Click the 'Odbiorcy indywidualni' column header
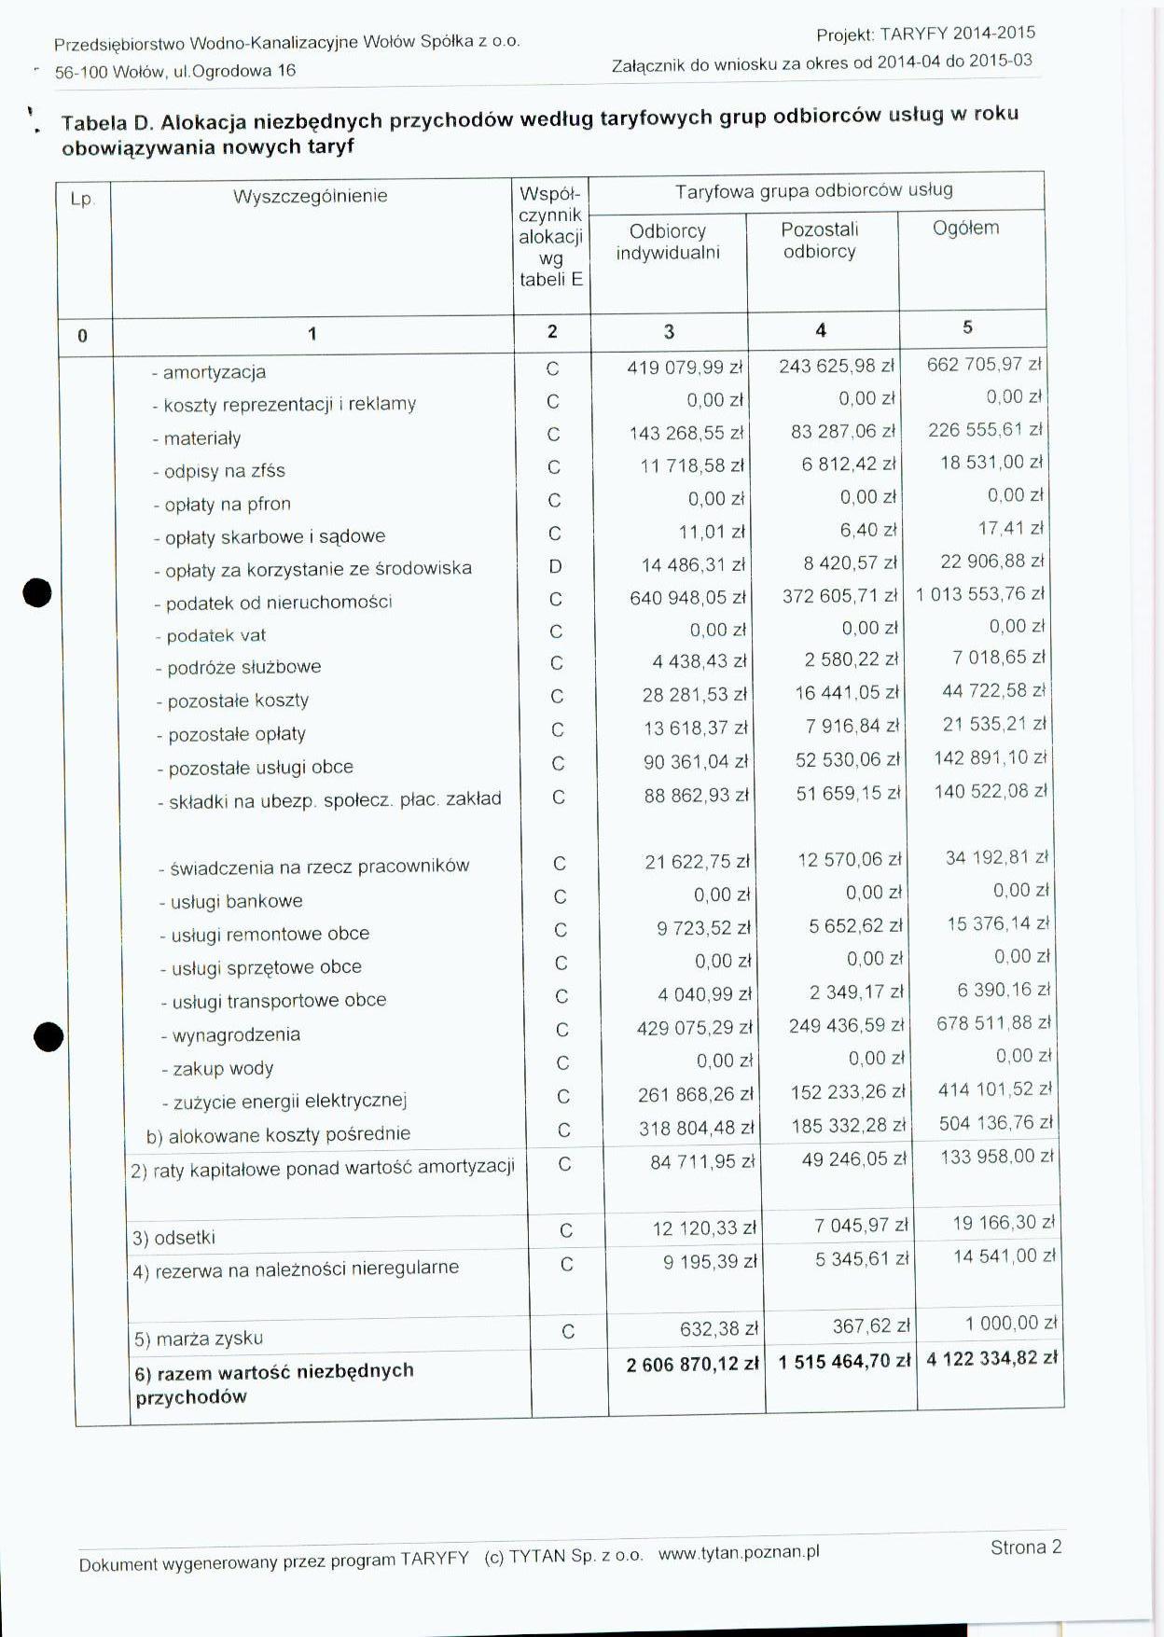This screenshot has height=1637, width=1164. click(668, 242)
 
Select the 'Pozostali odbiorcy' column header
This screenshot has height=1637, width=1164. click(820, 240)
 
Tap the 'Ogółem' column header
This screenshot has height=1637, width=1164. click(965, 228)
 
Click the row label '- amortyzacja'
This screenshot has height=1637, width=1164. click(209, 372)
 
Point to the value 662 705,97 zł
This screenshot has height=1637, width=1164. click(984, 365)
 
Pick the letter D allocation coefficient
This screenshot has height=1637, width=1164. click(556, 566)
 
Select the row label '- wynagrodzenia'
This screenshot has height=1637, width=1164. click(230, 1034)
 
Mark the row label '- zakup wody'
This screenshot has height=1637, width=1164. click(217, 1068)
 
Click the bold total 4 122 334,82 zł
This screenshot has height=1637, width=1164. click(992, 1358)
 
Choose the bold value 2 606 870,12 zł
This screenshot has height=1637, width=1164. click(693, 1365)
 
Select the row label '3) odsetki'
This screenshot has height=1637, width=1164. click(174, 1238)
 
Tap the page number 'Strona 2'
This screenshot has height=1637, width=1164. click(1026, 1547)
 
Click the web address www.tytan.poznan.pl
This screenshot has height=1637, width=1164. click(739, 1553)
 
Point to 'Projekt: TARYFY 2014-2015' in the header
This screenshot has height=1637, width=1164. click(925, 35)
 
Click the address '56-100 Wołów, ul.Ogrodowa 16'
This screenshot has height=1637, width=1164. click(175, 71)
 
